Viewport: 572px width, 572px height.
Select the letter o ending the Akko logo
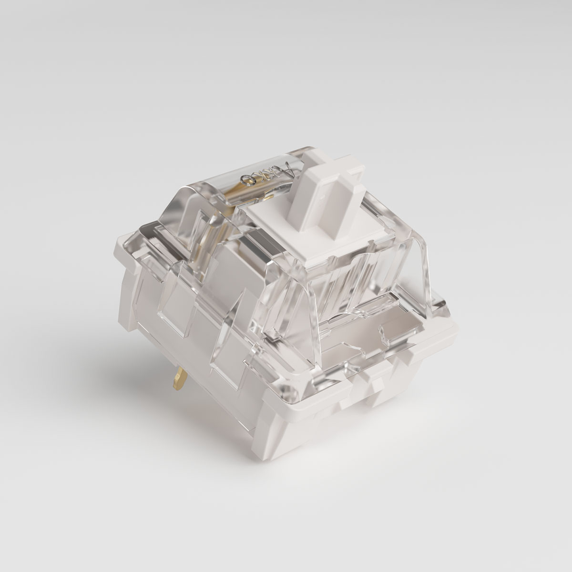click(249, 180)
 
